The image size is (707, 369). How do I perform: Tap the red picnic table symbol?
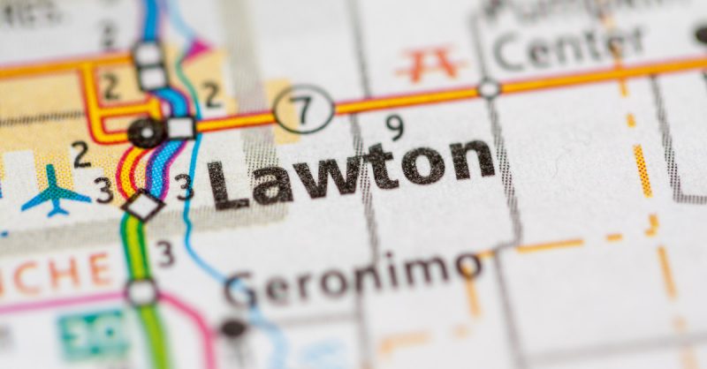pos(430,64)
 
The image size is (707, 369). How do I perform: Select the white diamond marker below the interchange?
pos(142,205)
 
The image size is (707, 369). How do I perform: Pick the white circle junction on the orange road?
pos(488,88)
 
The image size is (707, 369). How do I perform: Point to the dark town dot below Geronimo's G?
pos(233,328)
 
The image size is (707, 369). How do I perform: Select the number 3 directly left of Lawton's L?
pos(184,185)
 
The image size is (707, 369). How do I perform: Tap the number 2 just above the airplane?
pos(81,154)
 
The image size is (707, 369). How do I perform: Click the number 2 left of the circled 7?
pos(212,94)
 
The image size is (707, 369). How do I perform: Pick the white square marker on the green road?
pos(141,291)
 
